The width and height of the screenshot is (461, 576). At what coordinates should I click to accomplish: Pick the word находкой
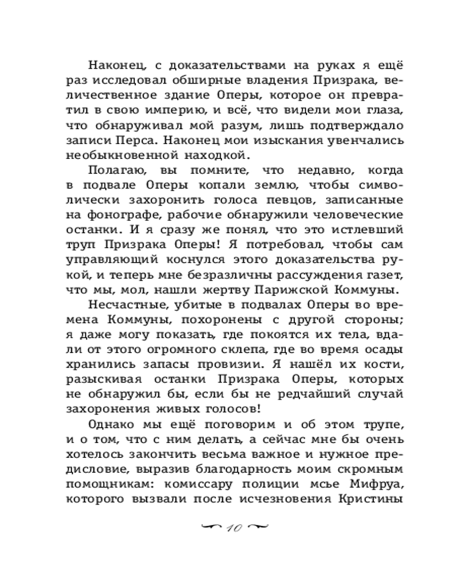(x=216, y=154)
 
